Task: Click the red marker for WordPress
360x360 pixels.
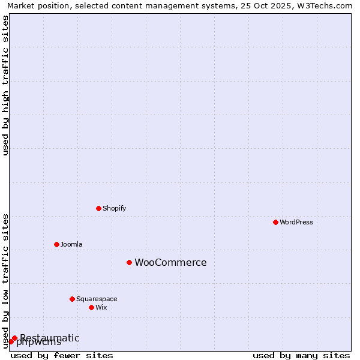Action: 275,222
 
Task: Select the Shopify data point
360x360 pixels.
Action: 98,208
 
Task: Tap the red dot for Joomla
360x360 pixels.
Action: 56,244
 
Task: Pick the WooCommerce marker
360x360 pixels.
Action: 129,262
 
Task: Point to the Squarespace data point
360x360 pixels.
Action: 72,299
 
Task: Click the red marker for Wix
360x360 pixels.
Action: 91,307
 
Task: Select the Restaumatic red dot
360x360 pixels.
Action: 14,338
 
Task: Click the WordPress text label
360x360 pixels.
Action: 296,222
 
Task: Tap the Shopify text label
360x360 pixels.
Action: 114,208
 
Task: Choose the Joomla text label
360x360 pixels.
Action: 71,244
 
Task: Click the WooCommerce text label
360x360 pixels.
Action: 170,262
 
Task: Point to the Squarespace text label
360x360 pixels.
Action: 97,299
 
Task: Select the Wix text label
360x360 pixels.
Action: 101,307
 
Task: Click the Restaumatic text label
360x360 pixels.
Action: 50,338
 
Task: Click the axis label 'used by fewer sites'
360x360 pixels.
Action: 62,355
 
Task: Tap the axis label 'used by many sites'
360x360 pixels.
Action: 301,355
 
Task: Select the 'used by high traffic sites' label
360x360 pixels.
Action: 6,85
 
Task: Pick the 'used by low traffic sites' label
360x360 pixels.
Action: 6,281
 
